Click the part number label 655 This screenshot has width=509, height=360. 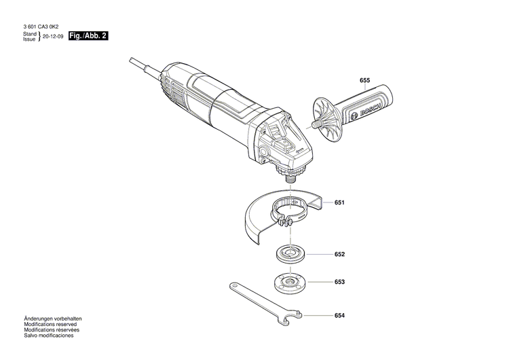(364, 81)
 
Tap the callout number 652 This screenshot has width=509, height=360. (339, 255)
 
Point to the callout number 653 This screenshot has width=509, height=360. (339, 282)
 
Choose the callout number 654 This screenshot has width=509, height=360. (339, 316)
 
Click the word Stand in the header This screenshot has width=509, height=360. (29, 33)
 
